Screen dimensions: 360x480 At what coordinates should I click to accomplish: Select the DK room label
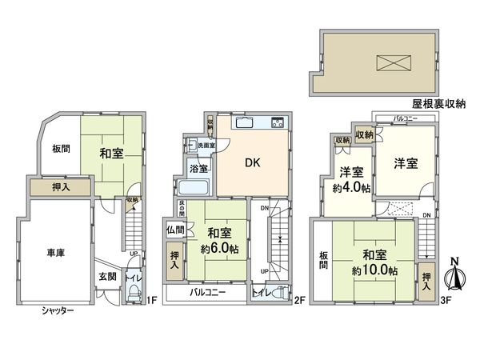[x=251, y=162]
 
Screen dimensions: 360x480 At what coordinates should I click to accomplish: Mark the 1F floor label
[x=150, y=300]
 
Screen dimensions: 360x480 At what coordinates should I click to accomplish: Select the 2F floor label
[x=300, y=300]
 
